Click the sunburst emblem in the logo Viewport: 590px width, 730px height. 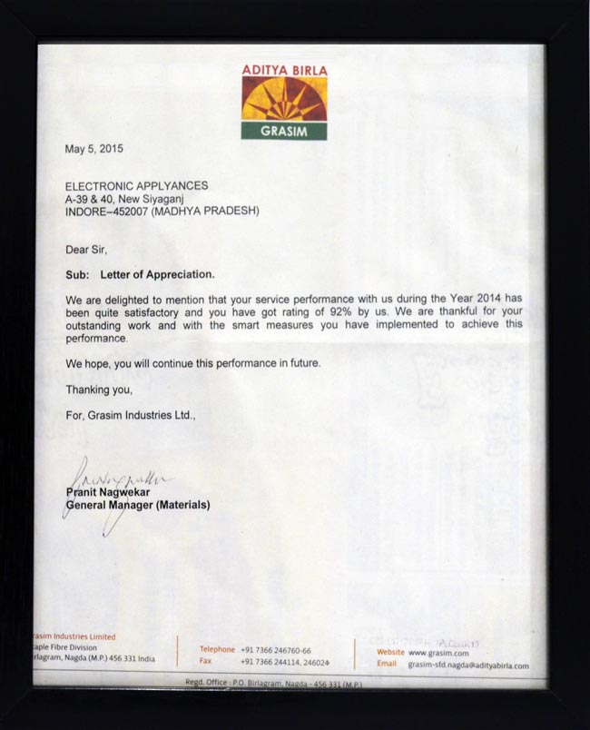tap(284, 99)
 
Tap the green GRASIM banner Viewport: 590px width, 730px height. tap(284, 131)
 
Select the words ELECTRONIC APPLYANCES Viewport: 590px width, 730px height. tap(136, 185)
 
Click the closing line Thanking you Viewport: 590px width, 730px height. tap(99, 390)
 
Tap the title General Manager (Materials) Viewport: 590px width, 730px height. tap(138, 504)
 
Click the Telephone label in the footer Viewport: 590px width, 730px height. tap(218, 650)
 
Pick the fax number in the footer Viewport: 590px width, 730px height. tap(286, 663)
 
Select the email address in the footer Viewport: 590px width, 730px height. tap(468, 666)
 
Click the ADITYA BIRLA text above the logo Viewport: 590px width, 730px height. tap(284, 69)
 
